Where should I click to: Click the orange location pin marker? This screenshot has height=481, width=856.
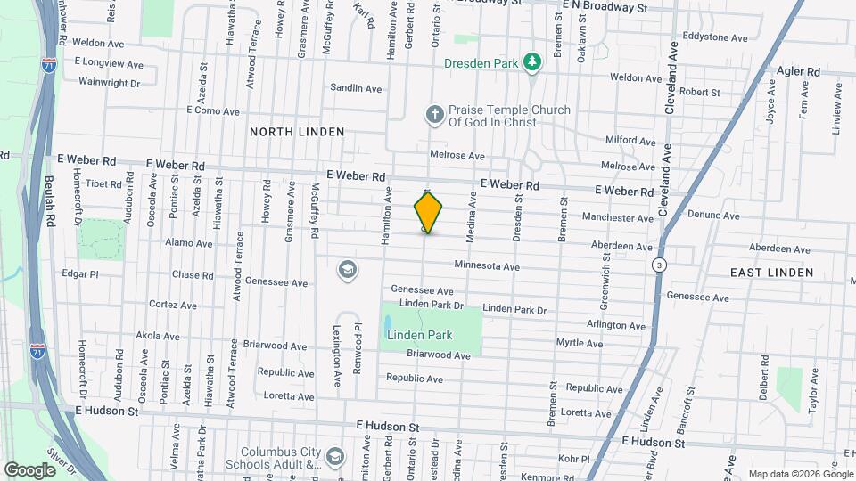pos(428,212)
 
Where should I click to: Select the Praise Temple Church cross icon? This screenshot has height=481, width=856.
pos(434,114)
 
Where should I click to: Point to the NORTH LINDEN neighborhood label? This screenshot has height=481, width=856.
pos(296,132)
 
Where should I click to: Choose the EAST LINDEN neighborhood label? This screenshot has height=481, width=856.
pos(771,273)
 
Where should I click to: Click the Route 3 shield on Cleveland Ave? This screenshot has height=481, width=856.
pos(658,265)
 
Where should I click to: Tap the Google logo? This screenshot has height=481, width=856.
pos(29,469)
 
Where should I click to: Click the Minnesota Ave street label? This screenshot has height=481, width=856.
pos(486,265)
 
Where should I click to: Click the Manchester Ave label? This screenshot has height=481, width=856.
pos(618,218)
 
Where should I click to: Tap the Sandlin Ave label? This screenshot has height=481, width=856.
pos(356,88)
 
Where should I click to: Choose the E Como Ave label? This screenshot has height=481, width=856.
pos(213,111)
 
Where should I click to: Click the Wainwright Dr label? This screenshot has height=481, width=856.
pos(110,83)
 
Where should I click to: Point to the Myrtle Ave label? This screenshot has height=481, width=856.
pos(580,343)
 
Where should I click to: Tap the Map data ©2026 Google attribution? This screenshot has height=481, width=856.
pos(799,474)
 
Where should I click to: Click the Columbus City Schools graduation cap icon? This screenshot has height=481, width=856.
pos(334,457)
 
